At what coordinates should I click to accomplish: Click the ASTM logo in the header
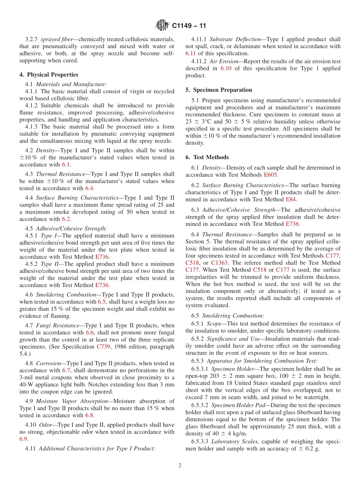(x=162, y=26)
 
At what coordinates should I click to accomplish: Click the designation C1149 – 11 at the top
(x=189, y=26)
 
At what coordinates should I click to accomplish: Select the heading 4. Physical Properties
(x=49, y=75)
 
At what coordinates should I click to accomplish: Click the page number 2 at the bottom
(x=180, y=465)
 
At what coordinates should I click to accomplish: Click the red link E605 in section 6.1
(x=271, y=175)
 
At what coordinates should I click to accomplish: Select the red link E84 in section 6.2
(x=291, y=199)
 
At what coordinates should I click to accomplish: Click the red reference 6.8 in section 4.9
(x=89, y=415)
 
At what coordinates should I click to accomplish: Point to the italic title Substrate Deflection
(x=235, y=39)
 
